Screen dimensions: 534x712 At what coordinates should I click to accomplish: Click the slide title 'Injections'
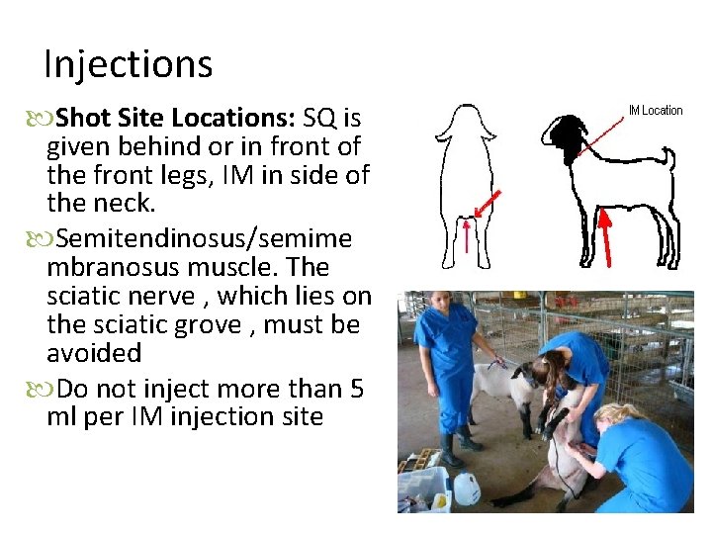(129, 65)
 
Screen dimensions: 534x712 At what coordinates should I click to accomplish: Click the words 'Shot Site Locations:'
(174, 119)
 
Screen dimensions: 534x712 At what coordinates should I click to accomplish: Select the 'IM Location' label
(656, 110)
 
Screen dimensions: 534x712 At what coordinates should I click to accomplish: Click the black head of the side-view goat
(568, 137)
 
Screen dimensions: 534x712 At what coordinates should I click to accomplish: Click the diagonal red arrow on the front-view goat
(486, 206)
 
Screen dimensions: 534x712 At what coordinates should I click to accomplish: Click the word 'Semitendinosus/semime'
(199, 239)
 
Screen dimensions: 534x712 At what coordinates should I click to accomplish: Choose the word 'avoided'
(94, 353)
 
